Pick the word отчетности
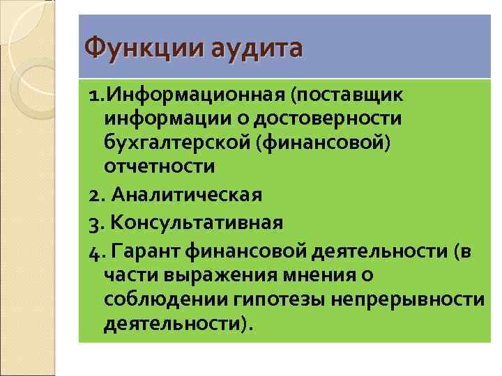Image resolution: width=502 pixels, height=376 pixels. click(159, 167)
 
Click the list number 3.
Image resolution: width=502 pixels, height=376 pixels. click(95, 224)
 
